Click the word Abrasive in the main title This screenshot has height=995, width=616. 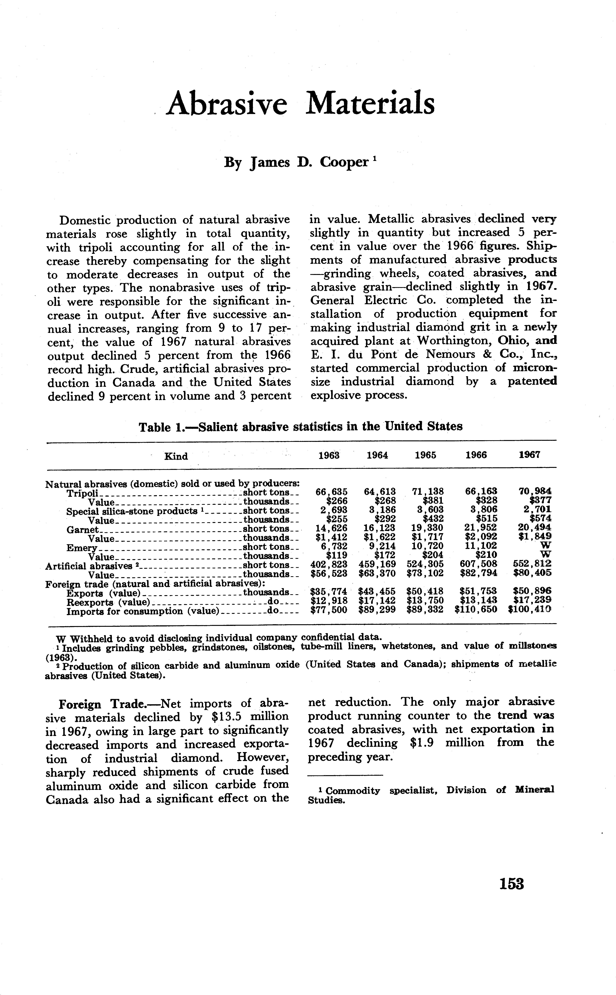pyautogui.click(x=227, y=103)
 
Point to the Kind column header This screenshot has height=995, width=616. pyautogui.click(x=176, y=456)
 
